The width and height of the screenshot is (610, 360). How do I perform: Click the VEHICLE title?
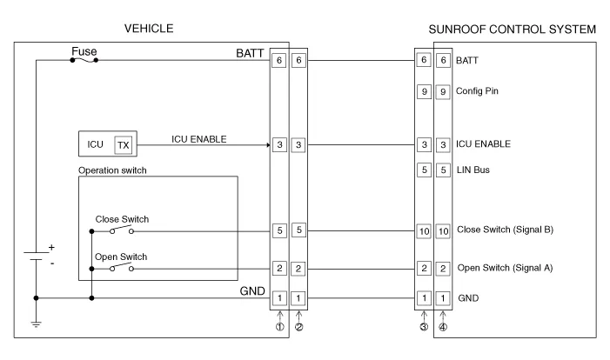[x=150, y=29]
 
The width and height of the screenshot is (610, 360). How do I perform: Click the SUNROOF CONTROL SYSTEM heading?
[x=513, y=30]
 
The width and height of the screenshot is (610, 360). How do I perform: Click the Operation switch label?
[x=112, y=170]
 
